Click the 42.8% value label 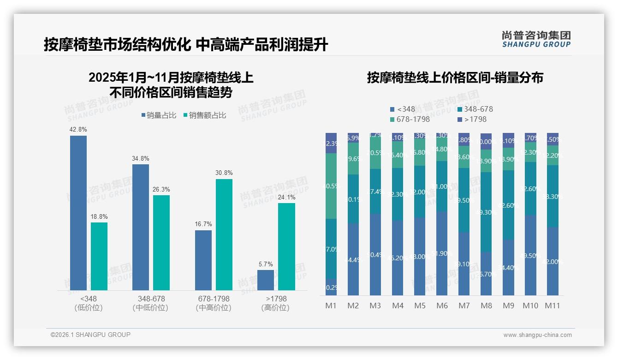click(78, 130)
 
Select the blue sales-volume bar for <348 click(78, 212)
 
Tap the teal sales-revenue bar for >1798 click(286, 246)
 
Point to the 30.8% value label click(224, 173)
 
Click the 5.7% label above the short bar click(266, 264)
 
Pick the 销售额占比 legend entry click(205, 115)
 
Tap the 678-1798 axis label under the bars click(213, 299)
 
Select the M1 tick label click(331, 306)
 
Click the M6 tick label click(442, 306)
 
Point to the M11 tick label click(553, 306)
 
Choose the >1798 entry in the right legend click(472, 120)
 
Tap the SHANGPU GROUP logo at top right click(536, 39)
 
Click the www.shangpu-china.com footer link click(537, 335)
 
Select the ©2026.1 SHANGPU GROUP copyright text click(90, 335)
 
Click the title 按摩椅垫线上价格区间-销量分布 click(455, 78)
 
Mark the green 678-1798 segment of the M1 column click(331, 186)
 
